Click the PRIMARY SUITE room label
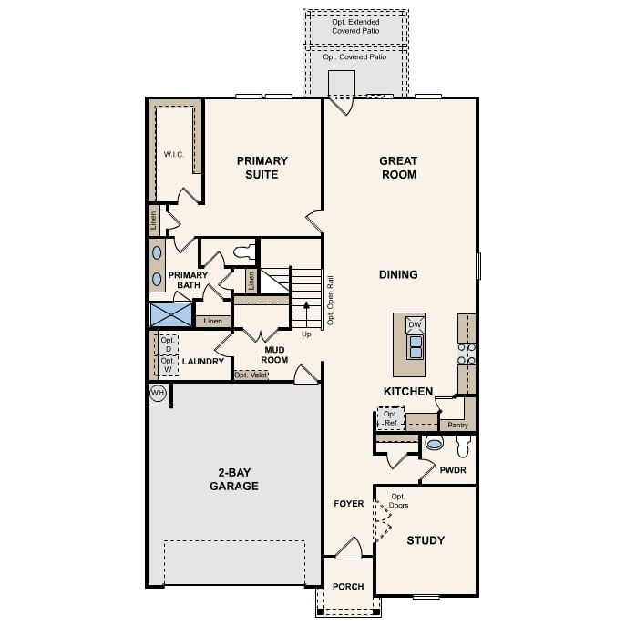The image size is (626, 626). pos(262,168)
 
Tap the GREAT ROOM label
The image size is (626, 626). pos(398,168)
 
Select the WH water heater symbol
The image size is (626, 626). pos(157,393)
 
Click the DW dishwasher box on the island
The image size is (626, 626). pos(415,325)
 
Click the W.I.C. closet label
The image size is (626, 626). pos(174,155)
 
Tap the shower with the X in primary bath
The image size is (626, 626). pos(171,314)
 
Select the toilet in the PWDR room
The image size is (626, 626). pos(462,446)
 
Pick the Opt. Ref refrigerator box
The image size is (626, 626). pos(391,418)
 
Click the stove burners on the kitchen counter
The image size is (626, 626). pos(466,353)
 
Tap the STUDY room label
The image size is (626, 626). pos(426,540)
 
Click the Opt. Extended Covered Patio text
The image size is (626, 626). pos(354,26)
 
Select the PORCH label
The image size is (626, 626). pos(347,587)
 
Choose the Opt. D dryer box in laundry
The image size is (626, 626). pos(167,344)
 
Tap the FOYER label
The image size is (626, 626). pos(348,504)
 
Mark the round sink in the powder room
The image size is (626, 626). pos(434,444)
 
